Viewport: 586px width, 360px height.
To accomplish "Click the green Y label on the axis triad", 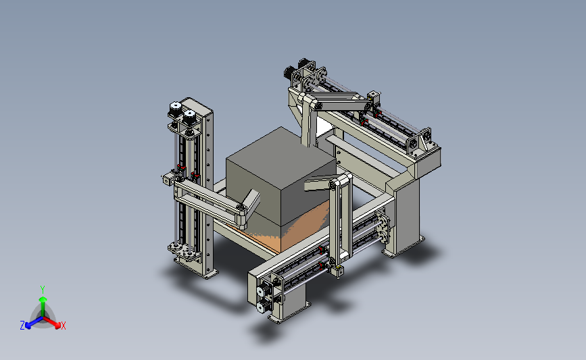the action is [x=43, y=290].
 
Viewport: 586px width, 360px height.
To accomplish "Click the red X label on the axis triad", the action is [x=63, y=326].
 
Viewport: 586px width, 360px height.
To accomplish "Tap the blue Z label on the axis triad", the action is [x=22, y=326].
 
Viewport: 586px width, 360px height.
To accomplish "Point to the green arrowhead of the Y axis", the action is [x=43, y=299].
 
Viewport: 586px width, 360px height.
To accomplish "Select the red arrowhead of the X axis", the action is [x=57, y=326].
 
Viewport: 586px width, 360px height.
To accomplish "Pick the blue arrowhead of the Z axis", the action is [x=28, y=326].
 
